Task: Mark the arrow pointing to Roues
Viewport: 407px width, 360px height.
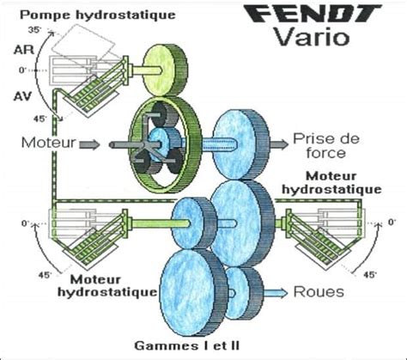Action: point(276,292)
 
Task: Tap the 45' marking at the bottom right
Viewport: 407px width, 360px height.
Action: point(370,276)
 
